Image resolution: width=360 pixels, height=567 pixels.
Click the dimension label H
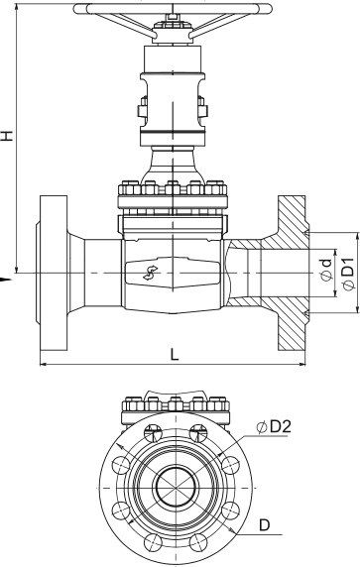click(x=7, y=135)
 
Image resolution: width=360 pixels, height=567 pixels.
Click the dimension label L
click(x=175, y=355)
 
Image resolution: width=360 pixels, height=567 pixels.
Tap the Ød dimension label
click(x=326, y=271)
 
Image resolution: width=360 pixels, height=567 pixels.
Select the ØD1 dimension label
click(x=348, y=274)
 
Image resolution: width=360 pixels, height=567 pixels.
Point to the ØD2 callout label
click(x=274, y=427)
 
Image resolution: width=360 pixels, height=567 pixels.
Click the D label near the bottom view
click(x=265, y=524)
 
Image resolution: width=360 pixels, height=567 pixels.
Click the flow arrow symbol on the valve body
click(x=150, y=273)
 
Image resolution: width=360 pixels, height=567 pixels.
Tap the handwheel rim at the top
click(x=173, y=9)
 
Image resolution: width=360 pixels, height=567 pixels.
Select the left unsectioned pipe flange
click(x=54, y=273)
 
